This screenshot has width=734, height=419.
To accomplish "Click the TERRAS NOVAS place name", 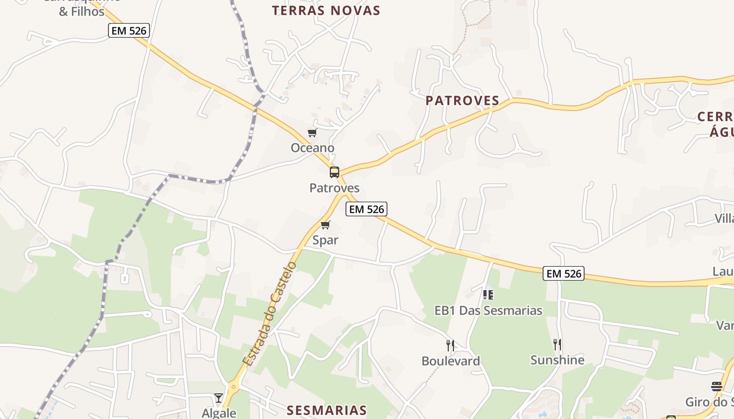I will pos(326,10).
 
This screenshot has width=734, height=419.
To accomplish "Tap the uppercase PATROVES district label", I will pos(462,101).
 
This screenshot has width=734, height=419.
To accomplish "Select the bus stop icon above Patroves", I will pos(334,172).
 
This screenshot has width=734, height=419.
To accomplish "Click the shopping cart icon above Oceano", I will pos(312,133).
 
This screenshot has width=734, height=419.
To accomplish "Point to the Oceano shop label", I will pos(312,148).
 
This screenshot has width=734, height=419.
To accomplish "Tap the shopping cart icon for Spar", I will pos(325,225).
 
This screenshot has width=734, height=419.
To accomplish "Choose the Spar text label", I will pos(325,240).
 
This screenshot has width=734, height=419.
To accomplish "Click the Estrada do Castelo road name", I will pos(269,314).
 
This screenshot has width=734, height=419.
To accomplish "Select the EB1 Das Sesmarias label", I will pos(488,311).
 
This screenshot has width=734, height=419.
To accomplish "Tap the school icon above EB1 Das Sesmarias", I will pos(488,295).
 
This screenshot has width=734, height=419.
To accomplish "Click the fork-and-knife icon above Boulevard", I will pos(450,345).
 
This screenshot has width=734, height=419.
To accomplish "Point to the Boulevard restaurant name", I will pos(450,361).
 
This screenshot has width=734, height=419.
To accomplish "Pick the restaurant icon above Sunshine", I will pos(557,344).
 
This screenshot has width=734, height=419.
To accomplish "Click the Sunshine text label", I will pos(557,360).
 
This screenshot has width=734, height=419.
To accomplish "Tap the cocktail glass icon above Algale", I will pos(219,398).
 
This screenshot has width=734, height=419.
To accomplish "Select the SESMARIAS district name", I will pos(327,410).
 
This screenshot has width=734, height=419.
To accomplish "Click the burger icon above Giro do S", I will pos(717,387).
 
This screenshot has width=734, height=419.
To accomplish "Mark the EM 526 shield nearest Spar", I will pos(366,210).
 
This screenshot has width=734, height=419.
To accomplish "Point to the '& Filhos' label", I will pos(82,11).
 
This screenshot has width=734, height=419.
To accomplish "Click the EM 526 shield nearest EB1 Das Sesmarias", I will pos(564,273).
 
